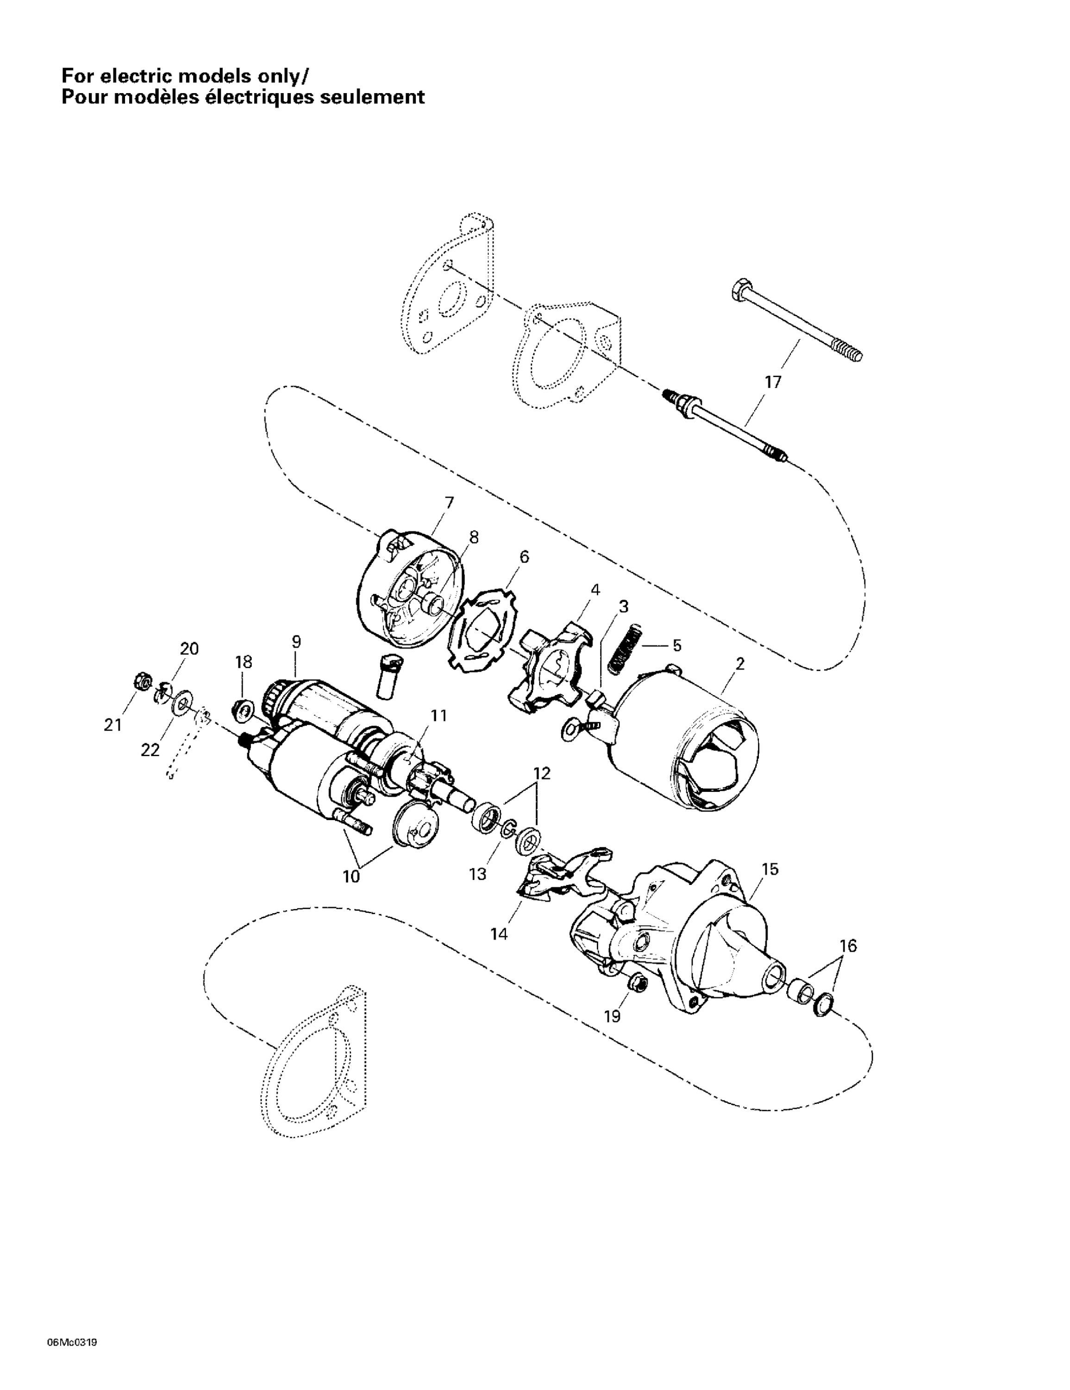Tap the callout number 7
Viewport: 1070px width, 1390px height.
coord(449,503)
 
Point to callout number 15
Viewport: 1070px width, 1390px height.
coord(770,869)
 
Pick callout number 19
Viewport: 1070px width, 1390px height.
coord(612,1017)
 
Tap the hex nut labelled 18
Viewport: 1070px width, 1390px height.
coord(242,707)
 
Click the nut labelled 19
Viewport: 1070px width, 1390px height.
coord(637,983)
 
